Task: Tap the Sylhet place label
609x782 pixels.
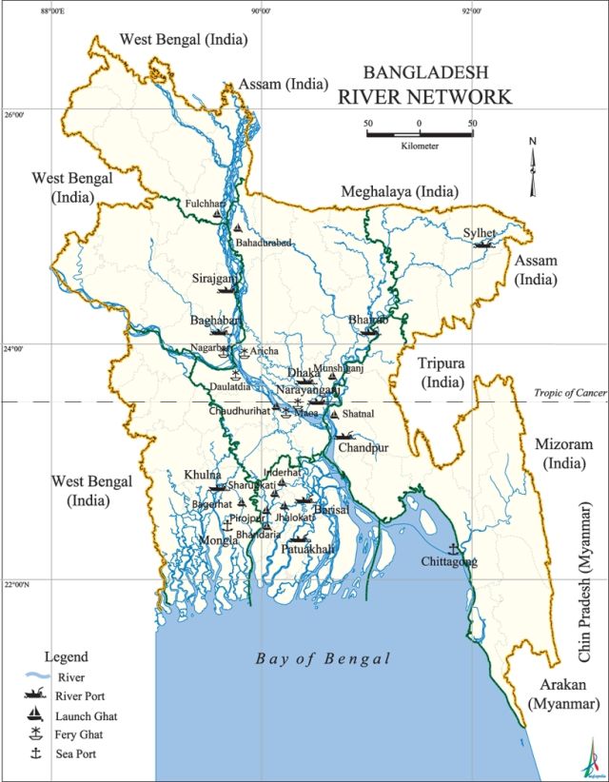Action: pyautogui.click(x=480, y=232)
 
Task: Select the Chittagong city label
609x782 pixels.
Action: pyautogui.click(x=449, y=563)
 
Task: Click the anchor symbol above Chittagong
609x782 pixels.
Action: pyautogui.click(x=453, y=549)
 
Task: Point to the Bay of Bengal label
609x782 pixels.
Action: pyautogui.click(x=324, y=659)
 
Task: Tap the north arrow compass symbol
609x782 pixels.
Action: pyautogui.click(x=534, y=166)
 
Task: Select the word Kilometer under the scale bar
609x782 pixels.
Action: pyautogui.click(x=420, y=146)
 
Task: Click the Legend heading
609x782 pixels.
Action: pyautogui.click(x=66, y=656)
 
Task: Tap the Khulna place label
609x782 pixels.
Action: pyautogui.click(x=203, y=475)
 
